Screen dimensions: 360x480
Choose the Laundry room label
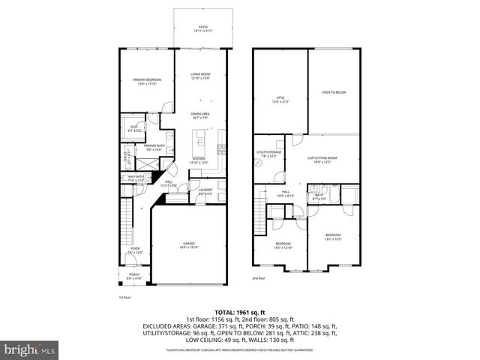tap(205, 191)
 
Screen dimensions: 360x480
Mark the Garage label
tap(189, 244)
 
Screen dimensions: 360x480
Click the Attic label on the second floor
tap(280, 99)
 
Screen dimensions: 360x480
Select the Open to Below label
tap(333, 92)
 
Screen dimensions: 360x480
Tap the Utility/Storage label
tap(268, 154)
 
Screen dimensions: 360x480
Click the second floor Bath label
tap(319, 196)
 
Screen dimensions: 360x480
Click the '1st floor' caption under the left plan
tap(125, 298)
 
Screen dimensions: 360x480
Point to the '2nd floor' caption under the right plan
tap(259, 278)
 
